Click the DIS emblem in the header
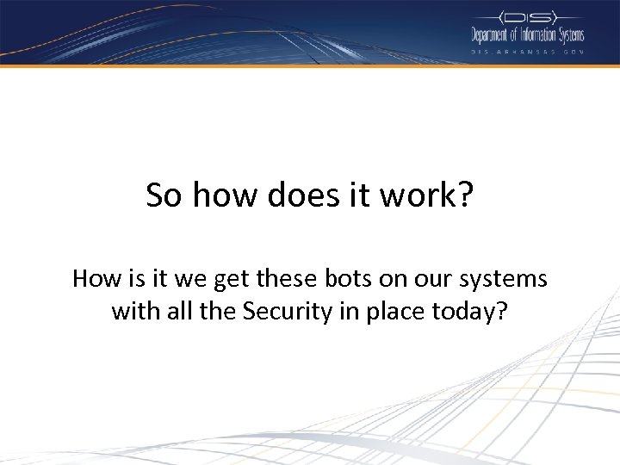click(527, 16)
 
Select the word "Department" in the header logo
click(489, 35)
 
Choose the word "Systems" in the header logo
click(569, 35)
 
